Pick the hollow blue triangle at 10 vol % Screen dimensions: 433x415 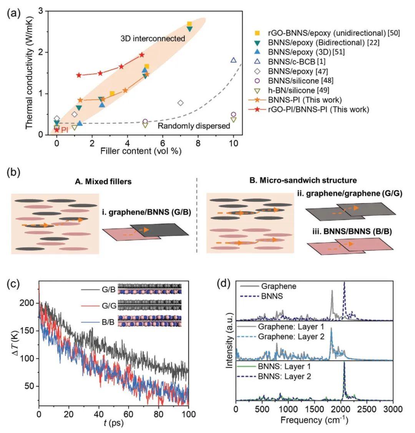233,60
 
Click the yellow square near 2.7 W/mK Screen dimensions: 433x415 189,24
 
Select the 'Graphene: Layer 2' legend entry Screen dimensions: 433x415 287,337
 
